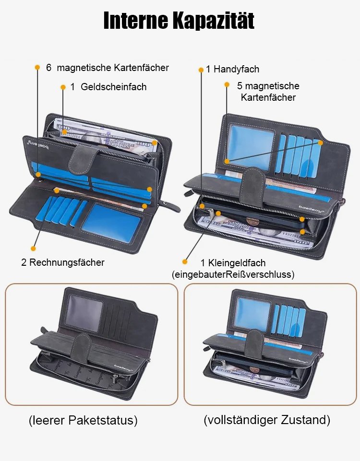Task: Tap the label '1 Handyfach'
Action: tap(233, 69)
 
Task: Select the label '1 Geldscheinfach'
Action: tap(108, 87)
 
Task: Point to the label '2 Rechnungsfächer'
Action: tap(63, 262)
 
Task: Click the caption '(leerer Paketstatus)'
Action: tap(83, 420)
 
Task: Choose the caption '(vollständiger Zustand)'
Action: tap(267, 420)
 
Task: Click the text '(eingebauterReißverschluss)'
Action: tap(233, 274)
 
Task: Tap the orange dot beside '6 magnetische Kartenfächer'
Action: tap(37, 67)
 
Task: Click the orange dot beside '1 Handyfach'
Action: tap(201, 70)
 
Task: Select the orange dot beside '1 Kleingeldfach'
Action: tap(185, 261)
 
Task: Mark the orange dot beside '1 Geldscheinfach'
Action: tap(63, 87)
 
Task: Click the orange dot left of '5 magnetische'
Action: tap(227, 85)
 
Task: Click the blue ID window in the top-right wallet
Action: tap(251, 147)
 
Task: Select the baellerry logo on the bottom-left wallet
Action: tap(123, 368)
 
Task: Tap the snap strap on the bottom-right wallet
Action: tap(254, 343)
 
